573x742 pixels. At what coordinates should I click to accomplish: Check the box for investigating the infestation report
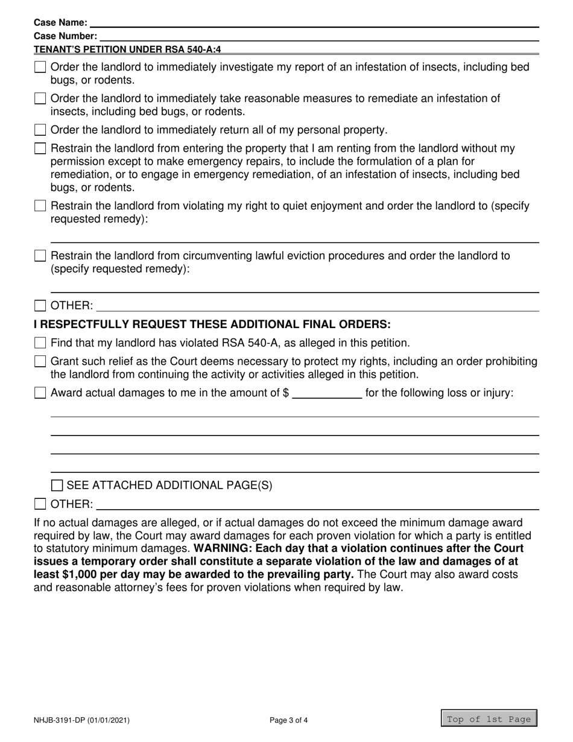click(40, 67)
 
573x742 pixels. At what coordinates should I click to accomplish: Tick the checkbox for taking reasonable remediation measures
click(40, 98)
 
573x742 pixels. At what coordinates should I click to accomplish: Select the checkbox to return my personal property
click(40, 130)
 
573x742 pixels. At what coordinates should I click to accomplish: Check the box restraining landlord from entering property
click(40, 148)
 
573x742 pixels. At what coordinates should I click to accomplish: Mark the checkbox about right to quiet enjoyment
click(40, 206)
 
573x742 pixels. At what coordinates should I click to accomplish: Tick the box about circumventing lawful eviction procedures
click(40, 256)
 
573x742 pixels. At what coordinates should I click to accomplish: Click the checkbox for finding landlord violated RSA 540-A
click(40, 343)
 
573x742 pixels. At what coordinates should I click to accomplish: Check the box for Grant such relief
click(40, 361)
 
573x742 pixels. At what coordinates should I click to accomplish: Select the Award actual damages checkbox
click(40, 393)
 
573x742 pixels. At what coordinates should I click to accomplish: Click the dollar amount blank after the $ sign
click(326, 394)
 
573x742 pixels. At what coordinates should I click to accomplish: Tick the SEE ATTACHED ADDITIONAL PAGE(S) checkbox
click(57, 486)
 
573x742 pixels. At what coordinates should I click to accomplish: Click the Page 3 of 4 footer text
click(289, 720)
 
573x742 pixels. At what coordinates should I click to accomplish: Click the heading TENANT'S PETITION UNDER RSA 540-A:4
click(127, 49)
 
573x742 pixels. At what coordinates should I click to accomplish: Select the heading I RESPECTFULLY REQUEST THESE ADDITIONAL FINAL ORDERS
click(212, 325)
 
